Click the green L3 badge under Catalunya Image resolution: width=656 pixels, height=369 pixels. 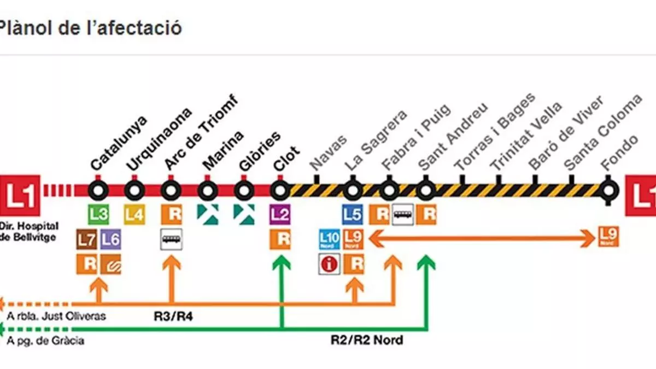pyautogui.click(x=98, y=214)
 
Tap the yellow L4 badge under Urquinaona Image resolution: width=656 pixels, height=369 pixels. pyautogui.click(x=134, y=214)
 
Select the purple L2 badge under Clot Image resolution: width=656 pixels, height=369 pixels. pyautogui.click(x=280, y=214)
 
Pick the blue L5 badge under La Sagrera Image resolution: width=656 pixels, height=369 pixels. pyautogui.click(x=353, y=214)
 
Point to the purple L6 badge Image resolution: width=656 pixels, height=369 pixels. pyautogui.click(x=110, y=239)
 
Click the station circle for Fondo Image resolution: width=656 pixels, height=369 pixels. pyautogui.click(x=607, y=190)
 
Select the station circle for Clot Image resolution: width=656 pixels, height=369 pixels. pyautogui.click(x=280, y=190)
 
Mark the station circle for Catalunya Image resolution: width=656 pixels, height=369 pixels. pyautogui.click(x=98, y=190)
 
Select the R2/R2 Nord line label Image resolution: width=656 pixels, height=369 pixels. pyautogui.click(x=367, y=340)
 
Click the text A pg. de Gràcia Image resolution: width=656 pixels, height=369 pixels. pyautogui.click(x=46, y=341)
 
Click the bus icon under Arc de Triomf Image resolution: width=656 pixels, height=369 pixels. pyautogui.click(x=171, y=239)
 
